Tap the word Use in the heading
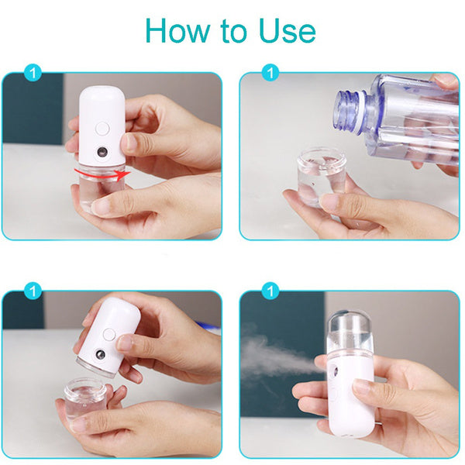284,30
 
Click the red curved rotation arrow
98,171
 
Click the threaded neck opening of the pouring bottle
351,105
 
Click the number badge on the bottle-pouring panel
270,74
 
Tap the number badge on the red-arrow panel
33,74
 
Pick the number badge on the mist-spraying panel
270,291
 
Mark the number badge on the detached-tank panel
33,291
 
